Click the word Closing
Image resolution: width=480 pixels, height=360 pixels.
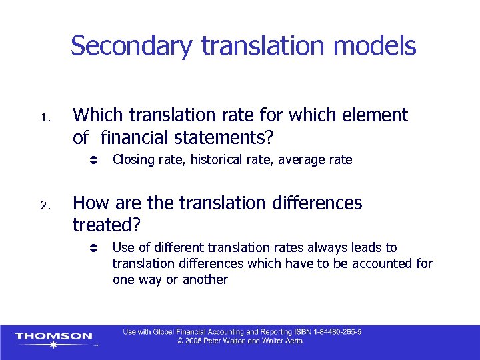pyautogui.click(x=132, y=160)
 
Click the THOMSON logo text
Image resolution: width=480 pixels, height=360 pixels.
pyautogui.click(x=54, y=336)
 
